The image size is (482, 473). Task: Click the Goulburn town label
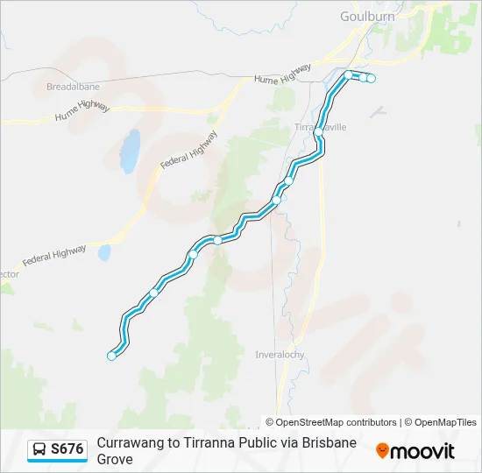(367, 16)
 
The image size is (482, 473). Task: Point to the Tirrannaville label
(321, 127)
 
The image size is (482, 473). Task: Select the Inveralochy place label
(280, 355)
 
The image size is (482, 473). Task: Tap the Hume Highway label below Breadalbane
(81, 111)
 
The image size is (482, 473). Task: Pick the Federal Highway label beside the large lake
(188, 151)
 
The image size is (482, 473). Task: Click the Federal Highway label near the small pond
(54, 256)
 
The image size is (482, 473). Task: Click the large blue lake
(130, 152)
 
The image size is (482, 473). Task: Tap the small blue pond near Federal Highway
(104, 253)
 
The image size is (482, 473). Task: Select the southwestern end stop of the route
(111, 356)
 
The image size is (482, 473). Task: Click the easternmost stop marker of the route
(371, 79)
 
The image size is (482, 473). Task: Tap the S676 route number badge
(67, 449)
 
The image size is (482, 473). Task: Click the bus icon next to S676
(39, 449)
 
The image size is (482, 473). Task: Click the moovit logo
(415, 451)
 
